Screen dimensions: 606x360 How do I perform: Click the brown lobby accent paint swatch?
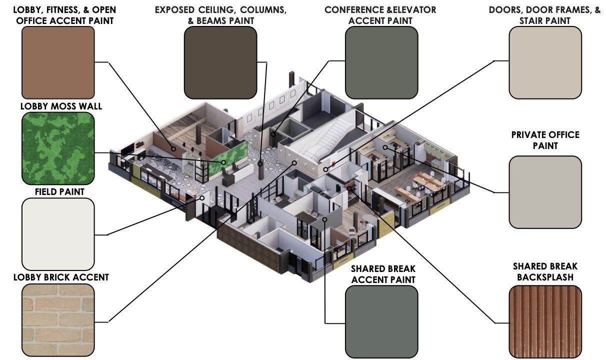[x=58, y=62]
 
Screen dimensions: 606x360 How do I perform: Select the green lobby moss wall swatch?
[x=58, y=148]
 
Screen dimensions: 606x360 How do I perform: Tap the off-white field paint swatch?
[x=58, y=234]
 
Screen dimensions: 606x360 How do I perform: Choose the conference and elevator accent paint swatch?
[x=381, y=62]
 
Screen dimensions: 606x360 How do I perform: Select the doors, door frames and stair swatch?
[x=545, y=62]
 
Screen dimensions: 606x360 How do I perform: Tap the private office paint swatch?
[x=545, y=191]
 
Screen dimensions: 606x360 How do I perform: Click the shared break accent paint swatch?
[x=381, y=321]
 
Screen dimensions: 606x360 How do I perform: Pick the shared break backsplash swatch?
[x=545, y=321]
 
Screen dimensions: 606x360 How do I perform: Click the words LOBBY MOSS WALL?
[x=61, y=106]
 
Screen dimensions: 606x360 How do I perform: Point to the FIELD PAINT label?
[x=59, y=191]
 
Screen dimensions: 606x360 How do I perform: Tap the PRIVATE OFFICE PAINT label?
[x=545, y=140]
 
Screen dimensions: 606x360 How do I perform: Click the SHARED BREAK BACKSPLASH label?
[x=545, y=271]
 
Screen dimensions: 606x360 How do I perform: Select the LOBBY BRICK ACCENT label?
[x=61, y=277]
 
